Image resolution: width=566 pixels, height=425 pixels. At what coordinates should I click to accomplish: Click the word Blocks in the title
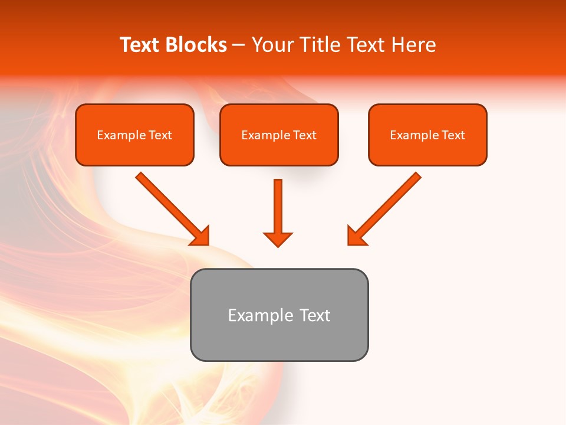pos(196,45)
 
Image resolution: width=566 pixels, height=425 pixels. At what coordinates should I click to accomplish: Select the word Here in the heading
pos(413,45)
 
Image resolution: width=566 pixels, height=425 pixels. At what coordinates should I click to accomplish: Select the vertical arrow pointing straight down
pos(278,207)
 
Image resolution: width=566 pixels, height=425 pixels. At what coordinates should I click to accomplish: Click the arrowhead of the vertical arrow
pos(278,239)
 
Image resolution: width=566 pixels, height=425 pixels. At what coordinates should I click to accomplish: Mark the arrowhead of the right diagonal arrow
pos(356,236)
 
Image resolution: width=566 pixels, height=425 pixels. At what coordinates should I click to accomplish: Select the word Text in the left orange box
pos(160,135)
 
